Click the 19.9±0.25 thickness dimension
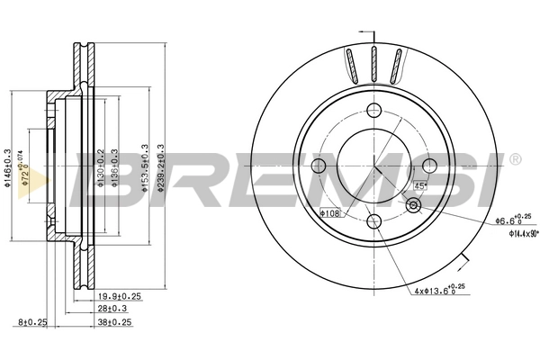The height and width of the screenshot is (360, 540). click(x=120, y=294)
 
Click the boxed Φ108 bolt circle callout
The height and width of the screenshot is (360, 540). click(x=330, y=213)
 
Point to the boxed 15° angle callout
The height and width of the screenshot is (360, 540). click(x=419, y=185)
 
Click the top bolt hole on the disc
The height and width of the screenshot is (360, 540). click(x=374, y=112)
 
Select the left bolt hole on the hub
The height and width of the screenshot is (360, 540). click(x=319, y=166)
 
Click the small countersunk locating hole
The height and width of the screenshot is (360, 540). click(x=413, y=206)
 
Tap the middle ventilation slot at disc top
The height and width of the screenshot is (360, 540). click(x=373, y=66)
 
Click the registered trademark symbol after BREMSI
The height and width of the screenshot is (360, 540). click(x=514, y=159)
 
